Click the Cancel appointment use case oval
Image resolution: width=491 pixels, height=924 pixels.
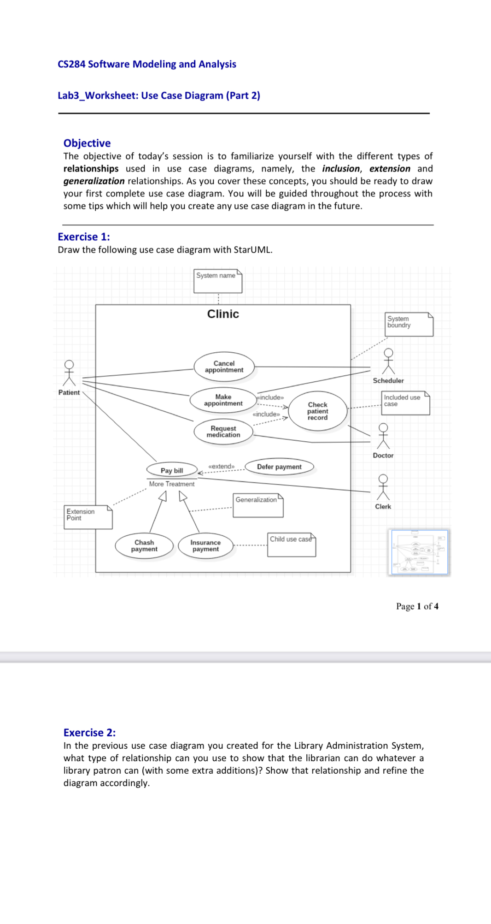coord(224,367)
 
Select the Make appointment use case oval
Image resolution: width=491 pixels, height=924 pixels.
coord(223,400)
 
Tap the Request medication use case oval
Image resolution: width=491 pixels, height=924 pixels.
coord(223,432)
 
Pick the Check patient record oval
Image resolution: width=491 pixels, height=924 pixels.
coord(318,411)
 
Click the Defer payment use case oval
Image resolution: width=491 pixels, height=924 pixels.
coord(279,467)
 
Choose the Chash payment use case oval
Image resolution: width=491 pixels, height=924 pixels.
coord(144,546)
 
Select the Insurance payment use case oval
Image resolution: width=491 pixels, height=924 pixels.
coord(205,546)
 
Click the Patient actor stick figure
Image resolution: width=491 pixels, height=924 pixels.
coord(69,373)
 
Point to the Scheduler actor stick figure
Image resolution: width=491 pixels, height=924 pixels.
coord(389,361)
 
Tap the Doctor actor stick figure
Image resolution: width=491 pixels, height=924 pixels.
coord(383,436)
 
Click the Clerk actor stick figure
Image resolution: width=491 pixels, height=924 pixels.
coord(383,487)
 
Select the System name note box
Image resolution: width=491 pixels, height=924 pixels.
coord(218,281)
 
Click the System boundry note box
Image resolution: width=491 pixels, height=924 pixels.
coord(409,324)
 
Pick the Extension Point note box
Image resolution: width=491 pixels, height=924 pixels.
coord(88,517)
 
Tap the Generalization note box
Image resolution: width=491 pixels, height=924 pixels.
coord(258,505)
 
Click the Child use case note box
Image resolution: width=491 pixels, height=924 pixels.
coord(292,545)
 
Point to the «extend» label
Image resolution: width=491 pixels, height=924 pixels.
coord(222,466)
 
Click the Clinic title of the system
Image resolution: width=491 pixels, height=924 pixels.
coord(223,314)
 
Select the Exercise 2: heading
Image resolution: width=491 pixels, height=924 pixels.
coord(90,733)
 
